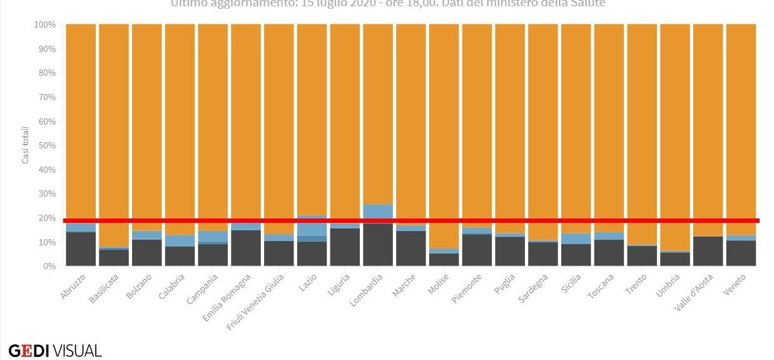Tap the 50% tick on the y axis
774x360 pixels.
46,145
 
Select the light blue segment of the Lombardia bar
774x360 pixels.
378,210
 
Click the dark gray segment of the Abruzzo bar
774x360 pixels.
81,249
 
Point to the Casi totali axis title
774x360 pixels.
26,145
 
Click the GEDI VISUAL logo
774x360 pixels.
55,351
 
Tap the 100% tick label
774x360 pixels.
44,25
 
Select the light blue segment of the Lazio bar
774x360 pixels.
312,228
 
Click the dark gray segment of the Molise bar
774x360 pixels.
444,260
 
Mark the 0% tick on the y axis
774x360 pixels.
49,266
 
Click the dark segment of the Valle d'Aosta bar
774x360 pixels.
708,251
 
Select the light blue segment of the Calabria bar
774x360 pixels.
180,240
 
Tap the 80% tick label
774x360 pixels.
46,73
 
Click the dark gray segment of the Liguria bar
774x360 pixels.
345,247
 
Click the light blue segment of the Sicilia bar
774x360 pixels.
576,239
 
